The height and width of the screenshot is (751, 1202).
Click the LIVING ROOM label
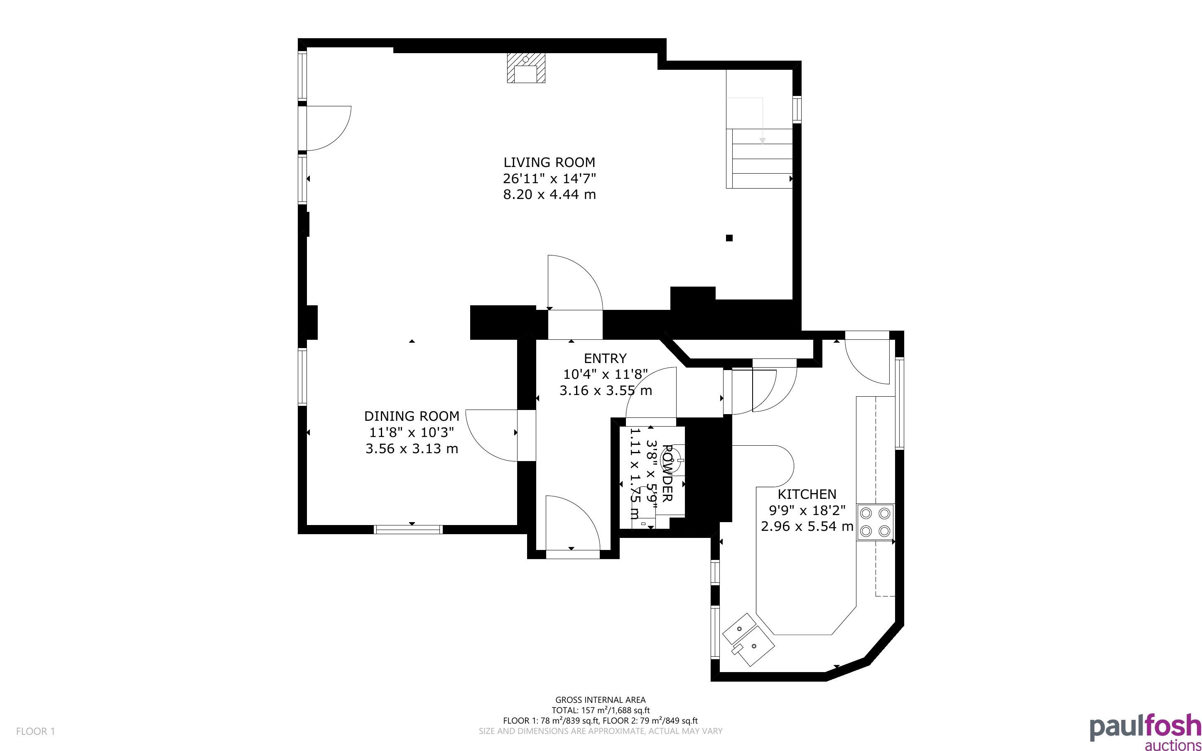pyautogui.click(x=549, y=162)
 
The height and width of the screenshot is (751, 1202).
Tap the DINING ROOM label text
pyautogui.click(x=412, y=416)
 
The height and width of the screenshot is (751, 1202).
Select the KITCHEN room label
pyautogui.click(x=807, y=494)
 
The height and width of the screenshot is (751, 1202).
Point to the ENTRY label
pyautogui.click(x=605, y=358)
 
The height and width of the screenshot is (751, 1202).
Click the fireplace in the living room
pyautogui.click(x=526, y=68)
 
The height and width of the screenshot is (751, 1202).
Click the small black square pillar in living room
pyautogui.click(x=729, y=238)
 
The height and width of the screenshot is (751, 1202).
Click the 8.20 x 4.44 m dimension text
pyautogui.click(x=549, y=194)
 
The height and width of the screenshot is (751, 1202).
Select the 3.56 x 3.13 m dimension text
pyautogui.click(x=412, y=449)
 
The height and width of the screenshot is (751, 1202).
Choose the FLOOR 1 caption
pyautogui.click(x=36, y=731)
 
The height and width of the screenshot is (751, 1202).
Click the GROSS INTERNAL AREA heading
pyautogui.click(x=600, y=700)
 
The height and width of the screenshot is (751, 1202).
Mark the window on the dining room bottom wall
pyautogui.click(x=408, y=530)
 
